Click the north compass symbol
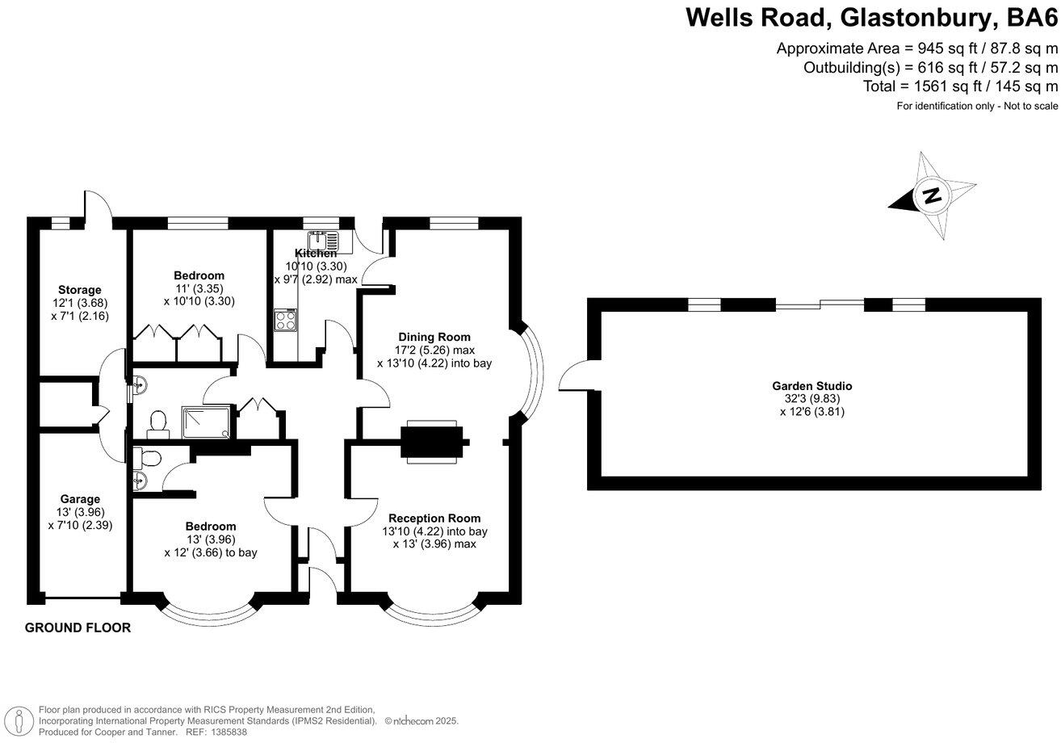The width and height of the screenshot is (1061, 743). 933,195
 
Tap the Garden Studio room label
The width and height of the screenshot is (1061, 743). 811,386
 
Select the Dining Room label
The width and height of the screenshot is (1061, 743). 434,337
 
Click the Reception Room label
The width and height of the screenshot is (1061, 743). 434,518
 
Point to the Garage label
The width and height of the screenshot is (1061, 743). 80,499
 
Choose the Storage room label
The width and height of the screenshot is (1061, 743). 80,290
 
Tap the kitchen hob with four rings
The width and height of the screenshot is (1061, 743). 286,321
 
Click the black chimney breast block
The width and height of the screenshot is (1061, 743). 434,443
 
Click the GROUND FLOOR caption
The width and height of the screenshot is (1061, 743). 78,628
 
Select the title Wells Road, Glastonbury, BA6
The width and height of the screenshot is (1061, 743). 871,17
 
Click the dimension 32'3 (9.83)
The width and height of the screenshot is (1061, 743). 811,398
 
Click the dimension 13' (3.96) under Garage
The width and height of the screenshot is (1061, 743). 80,512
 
